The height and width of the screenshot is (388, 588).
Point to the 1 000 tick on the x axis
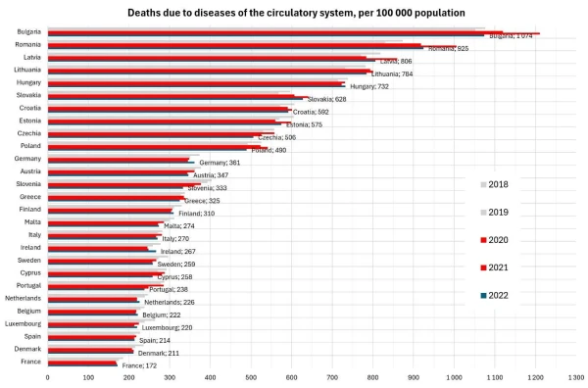coord(453,376)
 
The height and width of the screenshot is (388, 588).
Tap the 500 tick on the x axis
coord(250,376)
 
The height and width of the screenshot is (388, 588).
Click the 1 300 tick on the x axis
coord(574,376)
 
